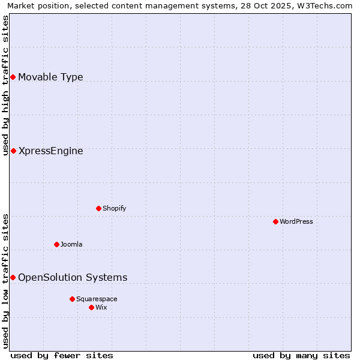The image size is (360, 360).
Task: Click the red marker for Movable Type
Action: tap(13, 77)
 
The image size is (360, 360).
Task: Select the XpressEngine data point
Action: tap(13, 151)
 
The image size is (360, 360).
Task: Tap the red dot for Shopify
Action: tap(98, 208)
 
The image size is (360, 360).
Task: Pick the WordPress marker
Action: tap(275, 221)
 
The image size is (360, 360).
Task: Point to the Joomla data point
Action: tap(56, 244)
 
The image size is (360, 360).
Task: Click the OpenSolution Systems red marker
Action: tap(13, 277)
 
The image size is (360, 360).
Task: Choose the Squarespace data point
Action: tap(72, 299)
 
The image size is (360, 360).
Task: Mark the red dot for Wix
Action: tap(91, 307)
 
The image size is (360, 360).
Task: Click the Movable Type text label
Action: tap(50, 77)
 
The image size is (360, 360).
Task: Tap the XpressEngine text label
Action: tap(50, 151)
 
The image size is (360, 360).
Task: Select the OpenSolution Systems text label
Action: tap(73, 277)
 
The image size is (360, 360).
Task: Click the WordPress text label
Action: tap(296, 221)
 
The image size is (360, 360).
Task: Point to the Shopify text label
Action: tap(114, 208)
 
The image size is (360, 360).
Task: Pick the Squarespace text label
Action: tap(97, 299)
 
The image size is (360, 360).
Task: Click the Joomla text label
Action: tap(71, 244)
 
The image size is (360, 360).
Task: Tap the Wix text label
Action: tap(101, 307)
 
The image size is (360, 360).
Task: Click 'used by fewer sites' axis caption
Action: tap(62, 355)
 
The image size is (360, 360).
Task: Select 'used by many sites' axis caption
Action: tap(301, 355)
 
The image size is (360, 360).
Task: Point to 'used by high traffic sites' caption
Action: tap(6, 85)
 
